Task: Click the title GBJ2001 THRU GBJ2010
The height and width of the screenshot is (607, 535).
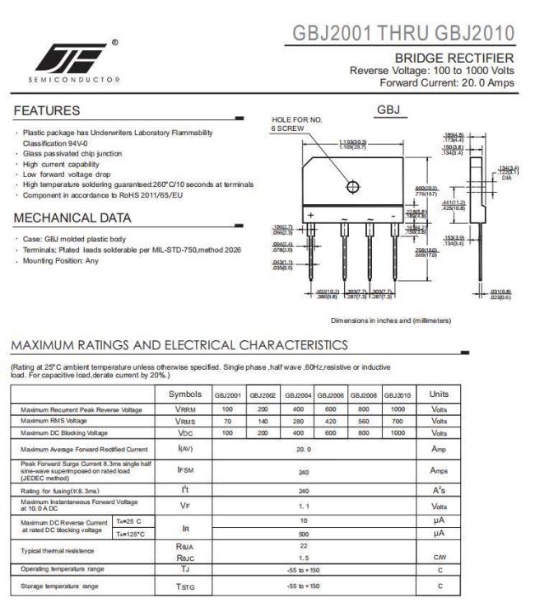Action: [x=406, y=34]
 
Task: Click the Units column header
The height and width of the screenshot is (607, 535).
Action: [x=440, y=395]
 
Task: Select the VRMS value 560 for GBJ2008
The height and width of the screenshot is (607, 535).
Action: [x=362, y=421]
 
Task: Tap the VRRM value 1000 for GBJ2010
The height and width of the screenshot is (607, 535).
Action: [x=398, y=409]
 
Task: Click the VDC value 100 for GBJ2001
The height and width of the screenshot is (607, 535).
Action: [x=229, y=432]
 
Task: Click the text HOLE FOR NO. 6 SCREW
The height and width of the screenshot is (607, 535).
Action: [x=294, y=124]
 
